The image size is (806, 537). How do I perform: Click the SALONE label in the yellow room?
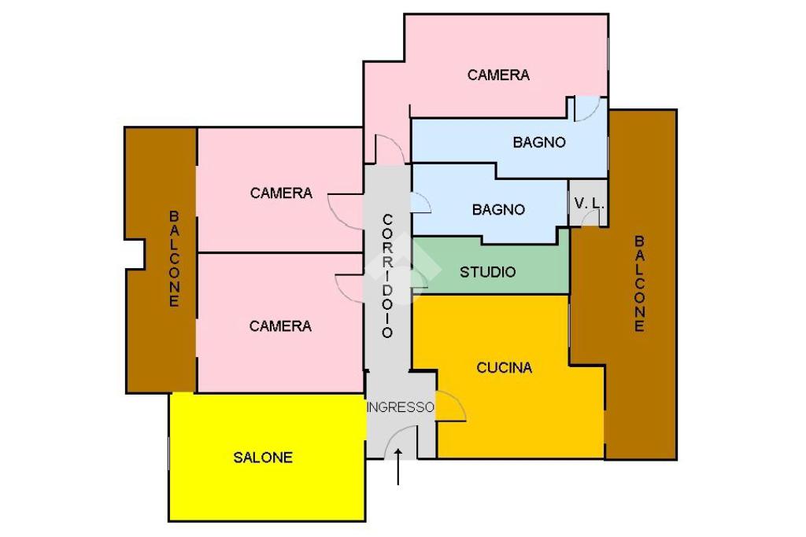(x=263, y=457)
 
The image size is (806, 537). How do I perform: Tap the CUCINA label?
(x=505, y=367)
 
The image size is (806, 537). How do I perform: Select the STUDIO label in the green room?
(x=488, y=272)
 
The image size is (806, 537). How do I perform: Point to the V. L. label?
(x=589, y=203)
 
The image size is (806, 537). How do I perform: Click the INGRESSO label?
(x=401, y=407)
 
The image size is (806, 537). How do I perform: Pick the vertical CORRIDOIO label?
(x=387, y=275)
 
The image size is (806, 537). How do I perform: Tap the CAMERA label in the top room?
(x=498, y=75)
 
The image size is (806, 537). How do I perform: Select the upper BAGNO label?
(x=539, y=142)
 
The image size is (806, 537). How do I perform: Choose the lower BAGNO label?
(x=498, y=210)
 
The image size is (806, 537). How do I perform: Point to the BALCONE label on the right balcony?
(x=639, y=283)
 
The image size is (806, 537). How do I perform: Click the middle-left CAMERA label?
(x=281, y=193)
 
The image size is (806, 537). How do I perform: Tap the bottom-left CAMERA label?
(x=280, y=326)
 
